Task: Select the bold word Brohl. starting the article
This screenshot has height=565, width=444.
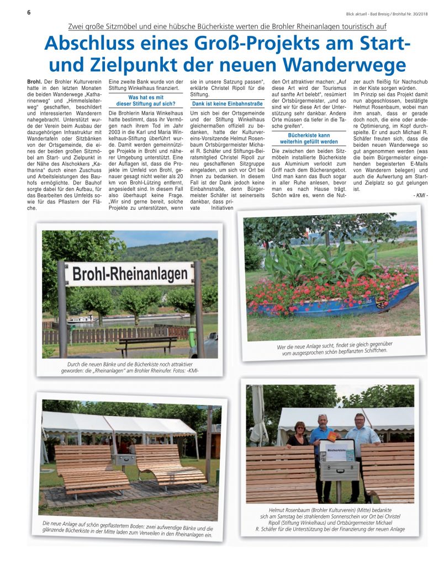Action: [x=34, y=82]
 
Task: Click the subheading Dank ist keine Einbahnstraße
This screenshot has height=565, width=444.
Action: [x=227, y=104]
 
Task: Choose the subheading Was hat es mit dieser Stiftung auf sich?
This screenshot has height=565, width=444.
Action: [x=146, y=100]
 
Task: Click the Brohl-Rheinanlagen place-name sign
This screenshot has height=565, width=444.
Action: [x=130, y=274]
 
